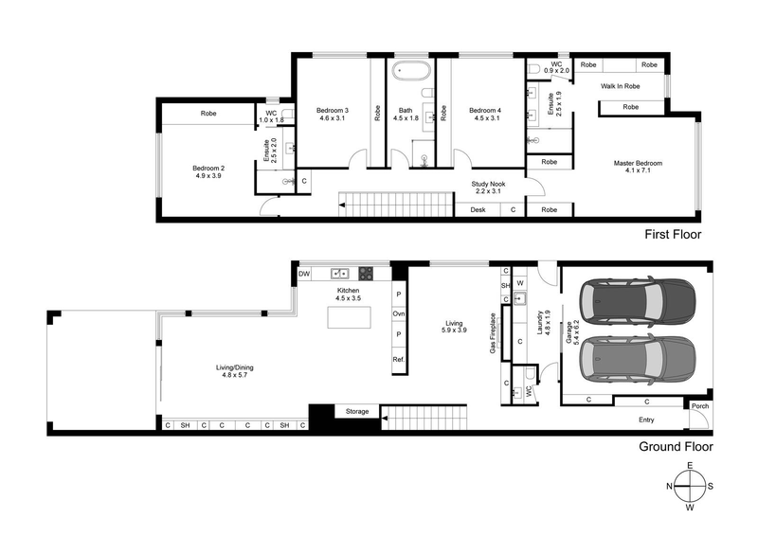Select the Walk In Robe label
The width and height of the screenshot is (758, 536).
[621, 86]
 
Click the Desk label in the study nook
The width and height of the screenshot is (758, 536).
[478, 209]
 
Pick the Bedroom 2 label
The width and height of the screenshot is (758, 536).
[208, 171]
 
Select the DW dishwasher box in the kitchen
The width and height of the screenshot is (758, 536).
[304, 274]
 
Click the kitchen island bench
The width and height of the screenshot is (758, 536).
[348, 317]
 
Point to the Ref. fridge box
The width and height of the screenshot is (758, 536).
[399, 362]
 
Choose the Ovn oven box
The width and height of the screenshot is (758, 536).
[399, 313]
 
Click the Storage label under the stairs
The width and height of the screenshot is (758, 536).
[357, 412]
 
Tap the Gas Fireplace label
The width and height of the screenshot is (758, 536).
[493, 333]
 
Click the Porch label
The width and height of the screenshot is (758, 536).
[699, 407]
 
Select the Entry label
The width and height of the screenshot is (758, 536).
[646, 420]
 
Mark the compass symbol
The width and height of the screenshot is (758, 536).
[690, 486]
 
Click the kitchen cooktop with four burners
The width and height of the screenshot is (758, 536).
[366, 274]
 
